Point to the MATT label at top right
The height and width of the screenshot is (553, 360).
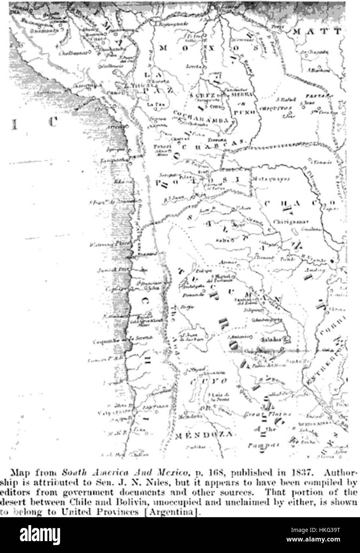(318, 32)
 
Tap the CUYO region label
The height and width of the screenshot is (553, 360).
(209, 382)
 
